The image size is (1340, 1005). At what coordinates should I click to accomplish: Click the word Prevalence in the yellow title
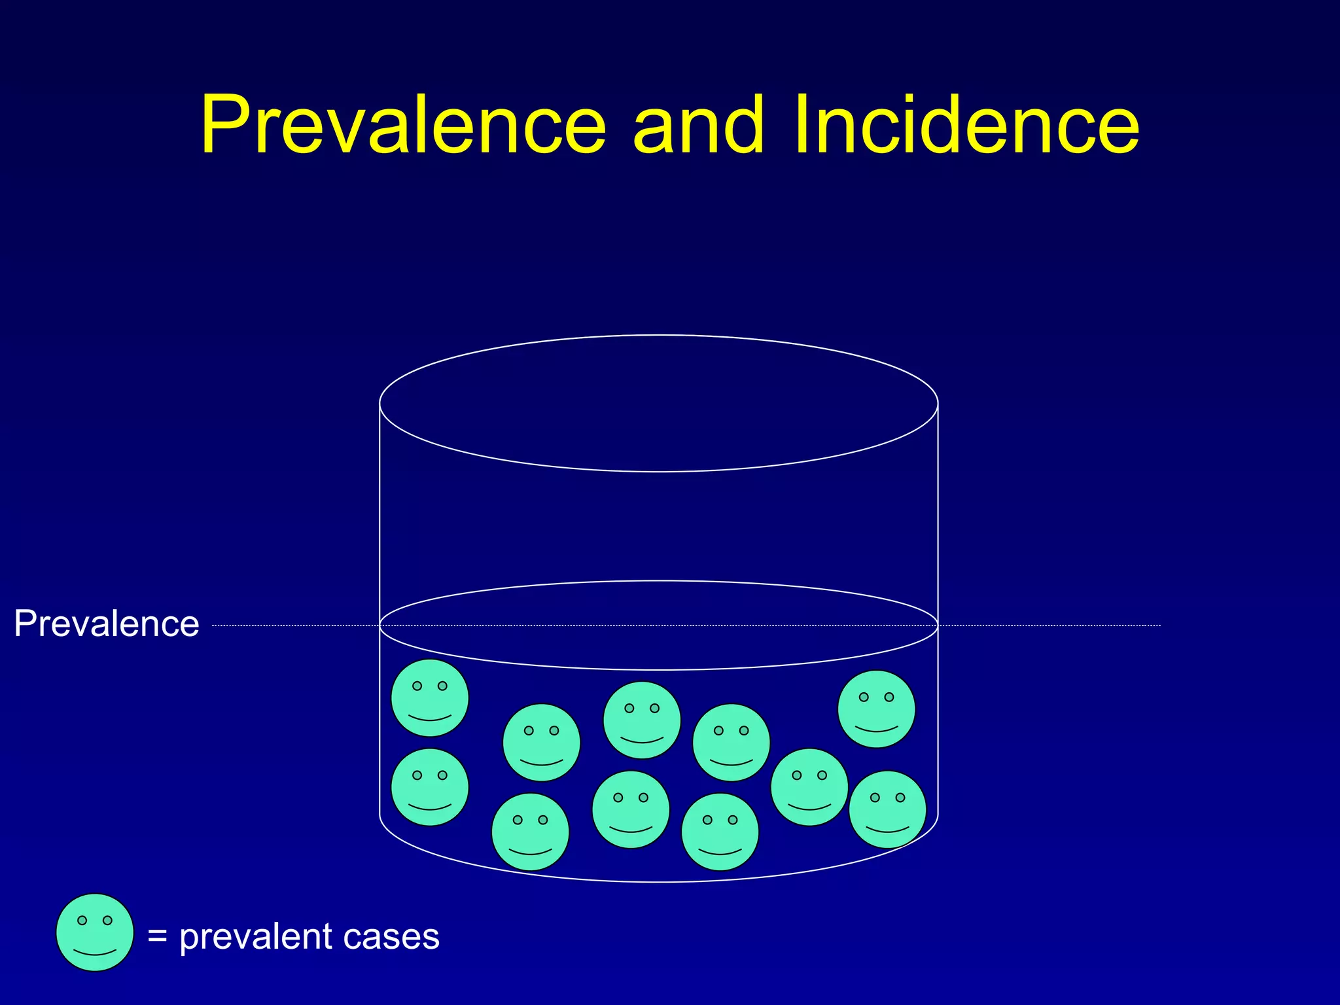click(x=403, y=124)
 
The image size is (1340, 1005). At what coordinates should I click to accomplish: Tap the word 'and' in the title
click(x=698, y=124)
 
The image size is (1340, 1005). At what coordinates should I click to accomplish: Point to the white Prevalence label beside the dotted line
click(x=107, y=624)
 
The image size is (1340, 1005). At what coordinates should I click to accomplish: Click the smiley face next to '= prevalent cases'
click(x=95, y=932)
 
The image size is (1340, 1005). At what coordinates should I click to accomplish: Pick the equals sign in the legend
click(x=158, y=936)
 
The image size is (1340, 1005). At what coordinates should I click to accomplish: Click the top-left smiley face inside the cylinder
click(x=430, y=698)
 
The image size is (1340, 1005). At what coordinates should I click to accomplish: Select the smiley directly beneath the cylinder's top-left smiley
click(x=430, y=787)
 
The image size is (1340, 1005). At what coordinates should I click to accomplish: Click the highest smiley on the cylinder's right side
click(x=876, y=709)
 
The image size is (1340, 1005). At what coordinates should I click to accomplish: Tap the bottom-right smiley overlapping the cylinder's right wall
click(x=887, y=809)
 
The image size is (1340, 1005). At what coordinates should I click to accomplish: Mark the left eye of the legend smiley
click(x=82, y=921)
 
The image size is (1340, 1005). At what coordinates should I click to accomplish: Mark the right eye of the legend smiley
click(x=108, y=921)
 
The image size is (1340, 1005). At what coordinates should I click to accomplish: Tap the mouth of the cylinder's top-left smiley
click(x=430, y=718)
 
